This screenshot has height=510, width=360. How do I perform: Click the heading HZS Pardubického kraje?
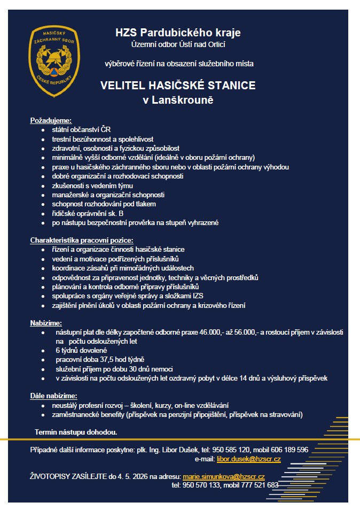click(x=178, y=33)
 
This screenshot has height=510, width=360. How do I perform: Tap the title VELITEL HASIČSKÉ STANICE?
click(x=178, y=85)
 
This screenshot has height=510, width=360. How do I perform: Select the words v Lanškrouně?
click(x=178, y=100)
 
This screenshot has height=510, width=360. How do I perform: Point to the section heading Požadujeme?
click(x=51, y=120)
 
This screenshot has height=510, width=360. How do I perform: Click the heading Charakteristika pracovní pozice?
click(x=82, y=240)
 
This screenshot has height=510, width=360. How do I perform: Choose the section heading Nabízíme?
click(x=46, y=323)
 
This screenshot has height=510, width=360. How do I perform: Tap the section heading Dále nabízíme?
click(x=53, y=396)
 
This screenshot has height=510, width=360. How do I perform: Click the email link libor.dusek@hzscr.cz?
click(x=248, y=459)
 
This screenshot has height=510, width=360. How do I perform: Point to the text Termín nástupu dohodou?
click(x=76, y=431)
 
